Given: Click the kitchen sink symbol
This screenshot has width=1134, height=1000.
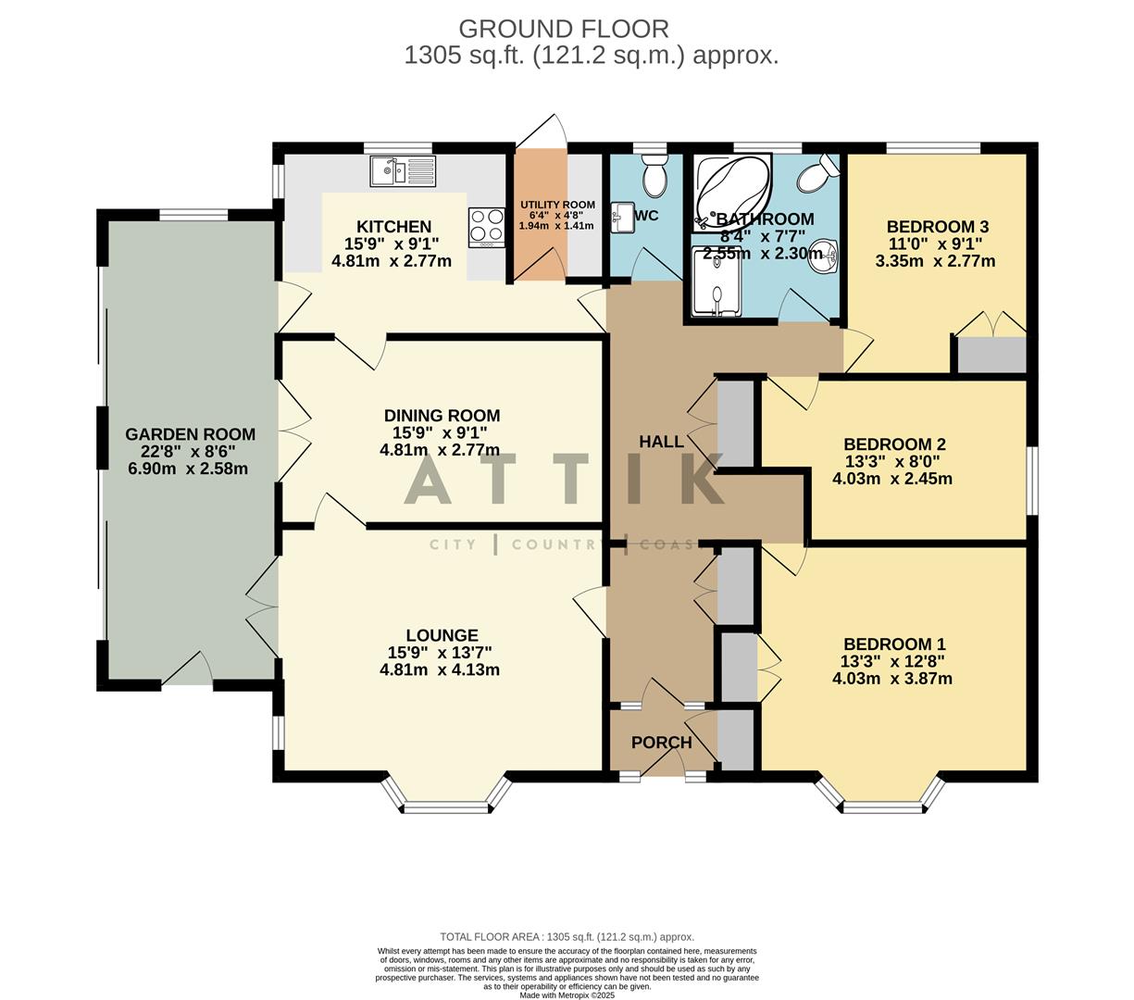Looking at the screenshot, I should [x=402, y=171].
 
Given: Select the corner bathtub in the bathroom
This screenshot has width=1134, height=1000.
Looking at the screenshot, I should [x=732, y=190].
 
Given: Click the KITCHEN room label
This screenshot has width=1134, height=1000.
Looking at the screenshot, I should [x=393, y=227].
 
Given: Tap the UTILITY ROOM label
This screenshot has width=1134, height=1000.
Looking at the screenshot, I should [x=556, y=205].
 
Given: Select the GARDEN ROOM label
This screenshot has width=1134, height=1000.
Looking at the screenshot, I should [x=190, y=434].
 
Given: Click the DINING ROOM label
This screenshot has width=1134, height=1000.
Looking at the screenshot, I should [x=442, y=416].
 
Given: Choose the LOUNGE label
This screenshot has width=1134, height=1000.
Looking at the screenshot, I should [x=442, y=635].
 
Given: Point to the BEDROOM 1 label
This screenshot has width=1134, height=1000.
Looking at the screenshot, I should [x=893, y=644].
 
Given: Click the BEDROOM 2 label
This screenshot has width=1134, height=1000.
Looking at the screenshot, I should [x=893, y=444].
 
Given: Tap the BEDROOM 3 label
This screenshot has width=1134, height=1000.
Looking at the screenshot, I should [x=937, y=227].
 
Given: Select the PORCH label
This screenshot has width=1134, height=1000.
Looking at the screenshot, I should [x=661, y=743].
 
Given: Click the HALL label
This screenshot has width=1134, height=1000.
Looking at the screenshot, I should [x=661, y=443].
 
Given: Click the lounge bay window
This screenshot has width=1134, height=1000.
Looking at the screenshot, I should [x=447, y=800].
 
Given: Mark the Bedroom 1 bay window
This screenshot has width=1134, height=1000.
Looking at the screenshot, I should [x=882, y=802].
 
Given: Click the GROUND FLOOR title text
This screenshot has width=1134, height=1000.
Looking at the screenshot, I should [x=563, y=30].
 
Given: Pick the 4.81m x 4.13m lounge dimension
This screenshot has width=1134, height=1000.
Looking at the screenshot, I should [x=440, y=669].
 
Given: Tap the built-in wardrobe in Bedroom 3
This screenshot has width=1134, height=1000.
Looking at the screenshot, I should [x=991, y=356].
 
